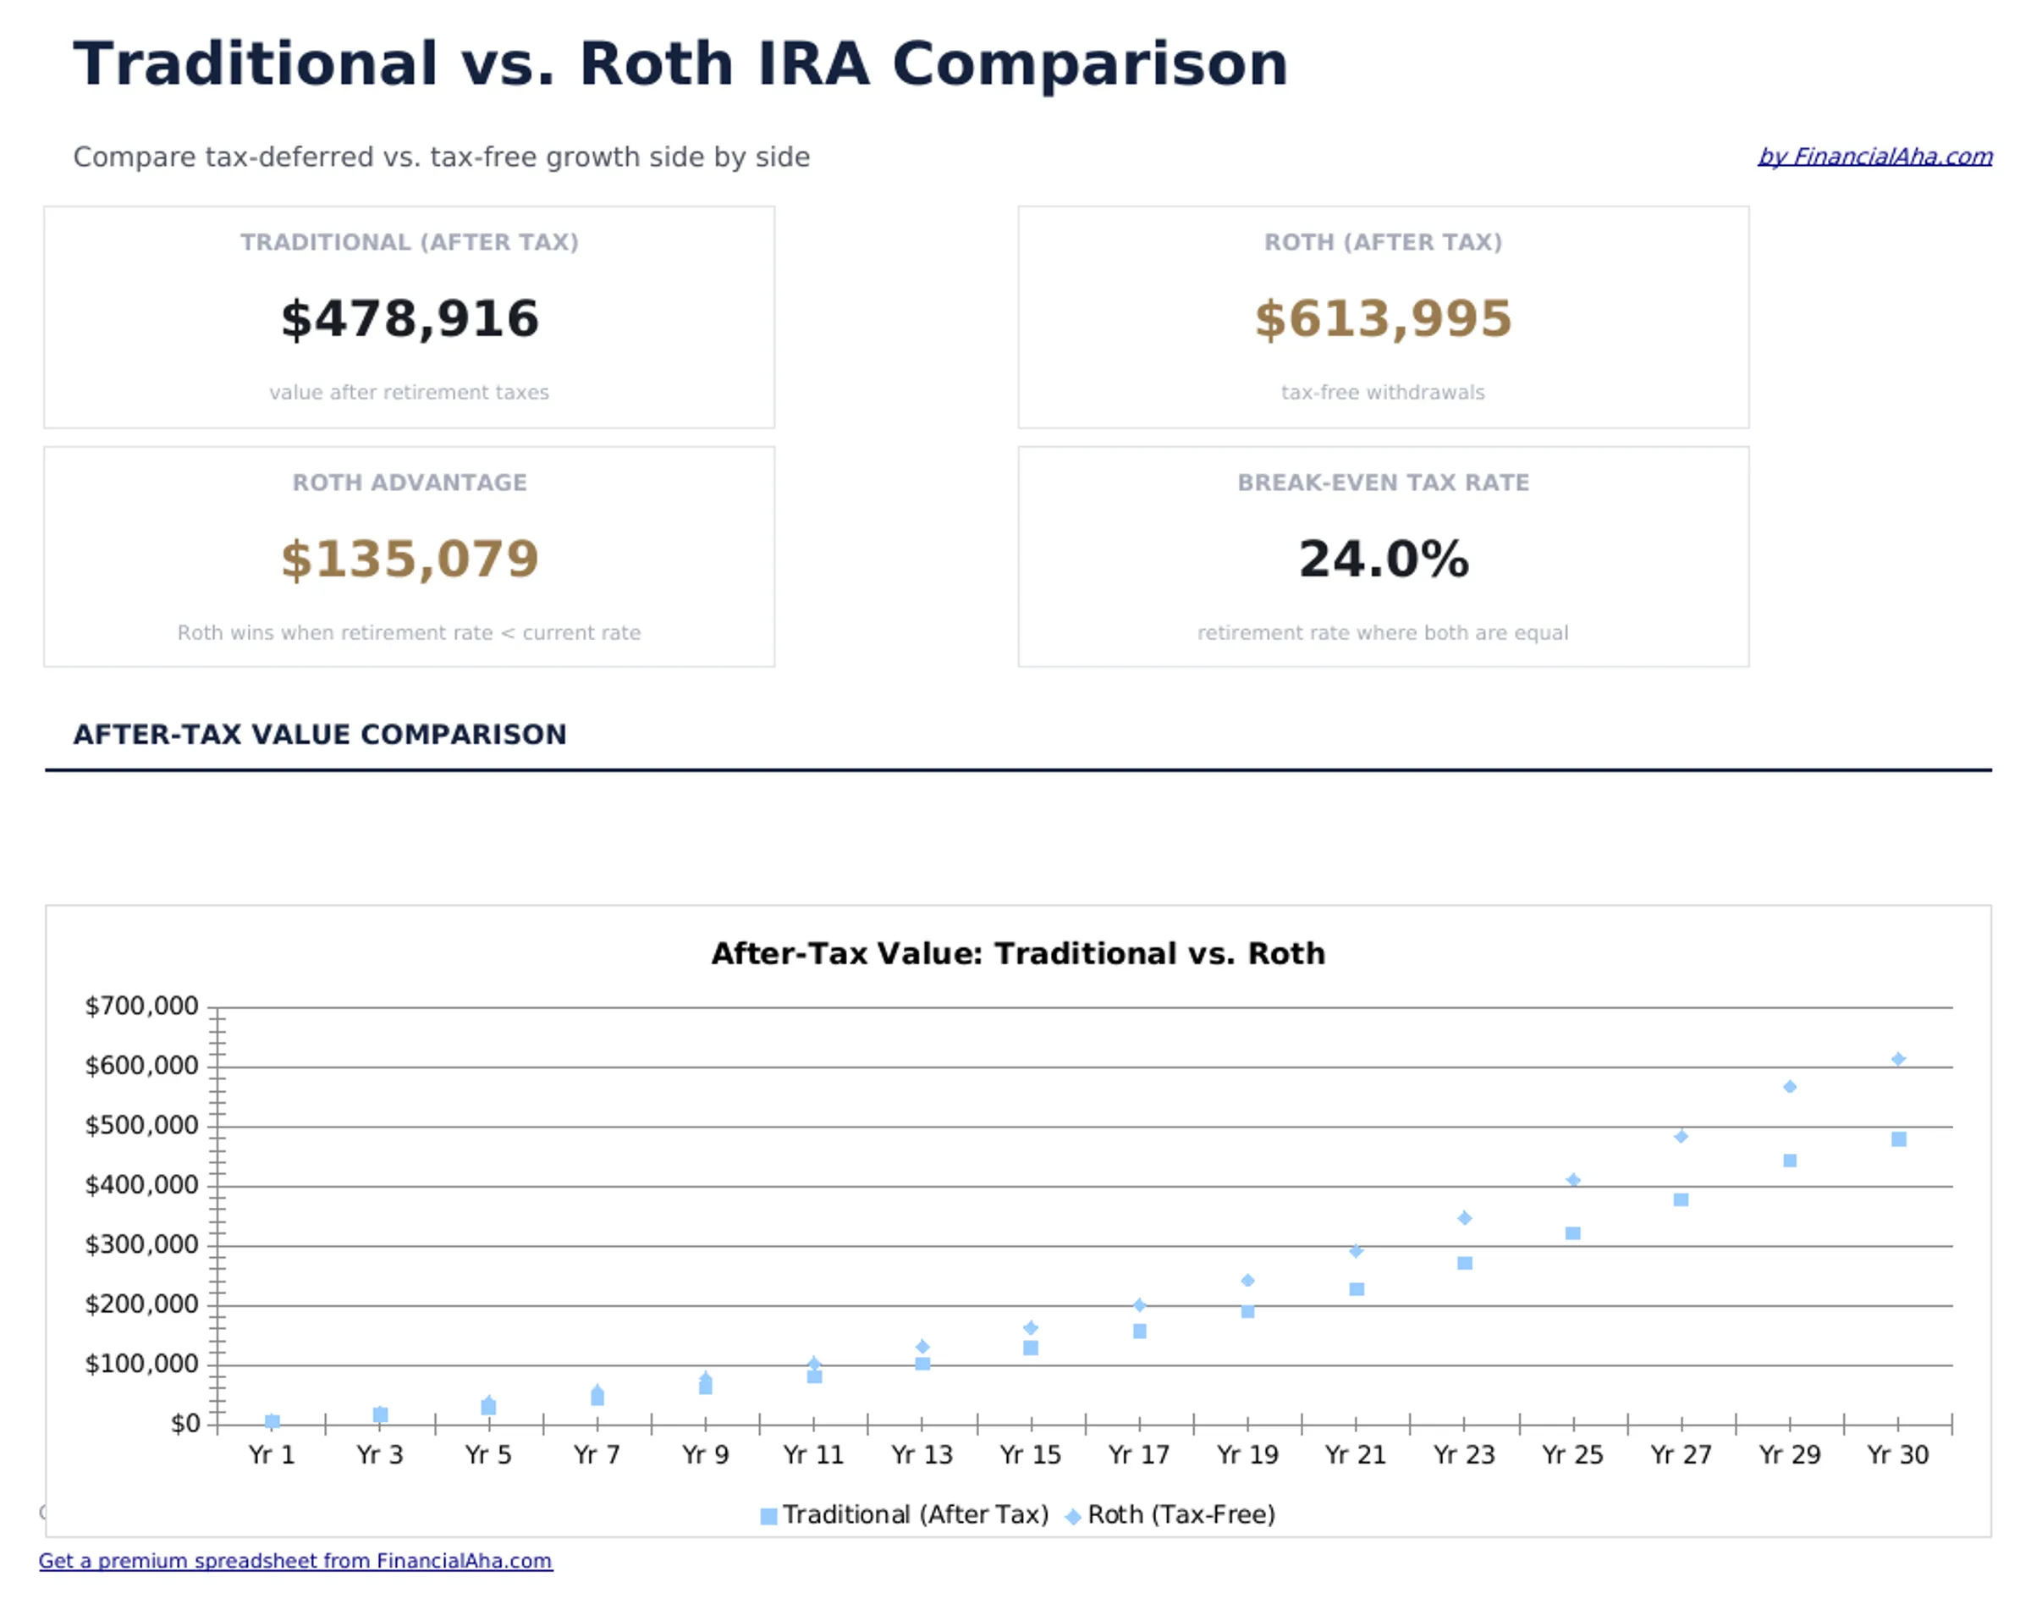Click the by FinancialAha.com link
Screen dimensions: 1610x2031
(1874, 157)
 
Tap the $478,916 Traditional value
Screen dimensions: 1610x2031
(410, 318)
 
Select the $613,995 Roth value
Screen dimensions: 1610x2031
(1382, 318)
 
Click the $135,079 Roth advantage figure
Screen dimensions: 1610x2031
(410, 559)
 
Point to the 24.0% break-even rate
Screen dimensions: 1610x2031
(1382, 559)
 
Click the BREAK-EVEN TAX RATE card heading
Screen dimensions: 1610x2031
(1382, 482)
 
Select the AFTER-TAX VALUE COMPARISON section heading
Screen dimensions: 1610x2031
(319, 734)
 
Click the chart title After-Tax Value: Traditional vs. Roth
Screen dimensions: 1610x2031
(1017, 953)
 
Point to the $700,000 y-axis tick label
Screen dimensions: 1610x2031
(141, 1006)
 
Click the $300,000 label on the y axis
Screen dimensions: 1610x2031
(141, 1244)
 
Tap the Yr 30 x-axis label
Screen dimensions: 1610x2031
(1897, 1454)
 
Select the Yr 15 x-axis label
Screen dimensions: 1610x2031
(1030, 1454)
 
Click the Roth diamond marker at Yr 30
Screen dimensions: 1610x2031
(1898, 1059)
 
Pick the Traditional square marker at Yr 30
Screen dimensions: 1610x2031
(1898, 1139)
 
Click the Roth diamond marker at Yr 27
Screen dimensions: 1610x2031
(1681, 1136)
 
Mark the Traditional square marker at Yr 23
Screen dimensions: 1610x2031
(1464, 1262)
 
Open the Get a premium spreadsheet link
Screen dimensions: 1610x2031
(294, 1560)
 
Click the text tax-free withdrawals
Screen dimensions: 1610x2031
(1382, 392)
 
